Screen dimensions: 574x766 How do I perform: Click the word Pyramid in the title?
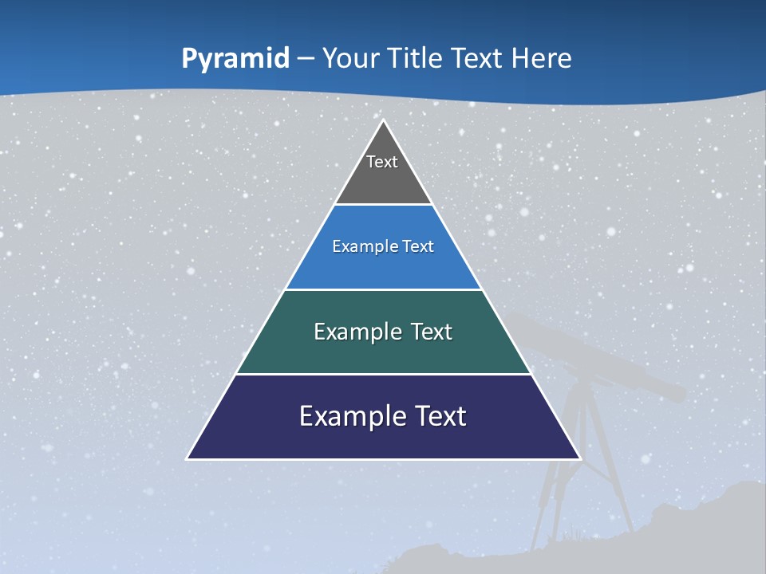click(x=235, y=58)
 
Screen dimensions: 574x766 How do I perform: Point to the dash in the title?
click(x=306, y=59)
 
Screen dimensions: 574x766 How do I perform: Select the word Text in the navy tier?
click(x=438, y=416)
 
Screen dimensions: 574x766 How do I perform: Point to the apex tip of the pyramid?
click(x=383, y=122)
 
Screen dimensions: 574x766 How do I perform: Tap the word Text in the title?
click(x=477, y=58)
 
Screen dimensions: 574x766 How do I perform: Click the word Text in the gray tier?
click(x=382, y=162)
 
